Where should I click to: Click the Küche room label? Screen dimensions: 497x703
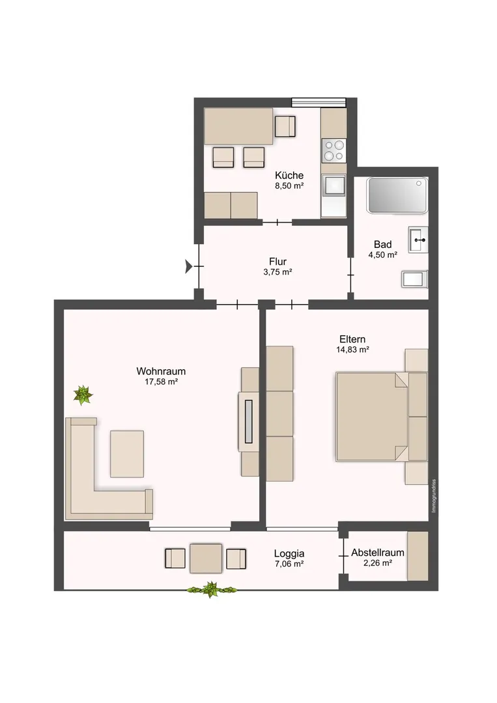[289, 175]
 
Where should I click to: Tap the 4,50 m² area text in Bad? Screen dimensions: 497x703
[382, 255]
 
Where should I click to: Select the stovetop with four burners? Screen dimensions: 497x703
[334, 150]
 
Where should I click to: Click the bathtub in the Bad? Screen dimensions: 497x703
[397, 195]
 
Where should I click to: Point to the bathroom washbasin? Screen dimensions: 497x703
[418, 240]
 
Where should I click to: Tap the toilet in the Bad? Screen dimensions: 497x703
[414, 279]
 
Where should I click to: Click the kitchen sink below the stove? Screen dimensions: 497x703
[334, 185]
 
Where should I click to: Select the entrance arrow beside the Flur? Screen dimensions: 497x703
[189, 266]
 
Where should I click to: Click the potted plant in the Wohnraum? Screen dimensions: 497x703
[83, 395]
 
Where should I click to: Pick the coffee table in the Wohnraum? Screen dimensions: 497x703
[127, 454]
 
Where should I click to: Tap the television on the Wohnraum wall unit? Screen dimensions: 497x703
[249, 421]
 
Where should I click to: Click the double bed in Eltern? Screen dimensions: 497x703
[381, 417]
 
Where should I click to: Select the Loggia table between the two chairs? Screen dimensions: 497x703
[206, 558]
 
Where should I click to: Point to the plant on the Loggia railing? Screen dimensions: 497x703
[211, 589]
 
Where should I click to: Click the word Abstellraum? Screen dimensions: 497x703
[378, 553]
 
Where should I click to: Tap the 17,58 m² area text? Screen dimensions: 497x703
[161, 381]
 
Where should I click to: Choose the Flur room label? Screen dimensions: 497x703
[277, 262]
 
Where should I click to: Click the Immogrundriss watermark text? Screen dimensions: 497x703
[433, 496]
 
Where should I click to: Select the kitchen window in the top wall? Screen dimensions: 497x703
[319, 102]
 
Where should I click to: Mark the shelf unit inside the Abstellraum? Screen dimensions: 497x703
[418, 556]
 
